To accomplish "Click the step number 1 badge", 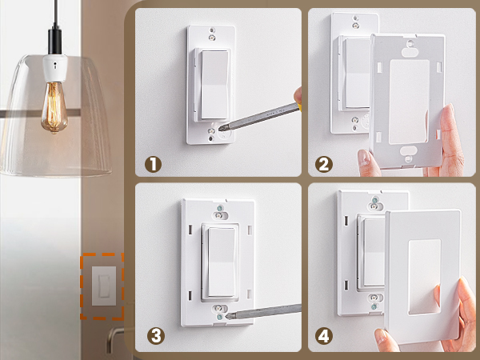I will (152, 164).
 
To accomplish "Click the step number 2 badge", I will (324, 164).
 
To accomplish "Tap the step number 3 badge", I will (152, 335).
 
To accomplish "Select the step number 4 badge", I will (324, 335).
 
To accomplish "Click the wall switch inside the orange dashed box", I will (102, 286).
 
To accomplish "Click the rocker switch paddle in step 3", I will (219, 259).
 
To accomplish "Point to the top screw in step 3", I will (219, 212).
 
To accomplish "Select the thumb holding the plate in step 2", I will (367, 163).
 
